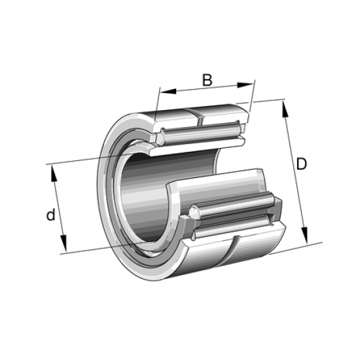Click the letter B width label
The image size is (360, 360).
click(x=206, y=80)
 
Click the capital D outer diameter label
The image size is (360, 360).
click(x=301, y=164)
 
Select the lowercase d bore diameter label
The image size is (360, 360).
click(x=50, y=215)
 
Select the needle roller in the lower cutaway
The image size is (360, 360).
click(x=236, y=208)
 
